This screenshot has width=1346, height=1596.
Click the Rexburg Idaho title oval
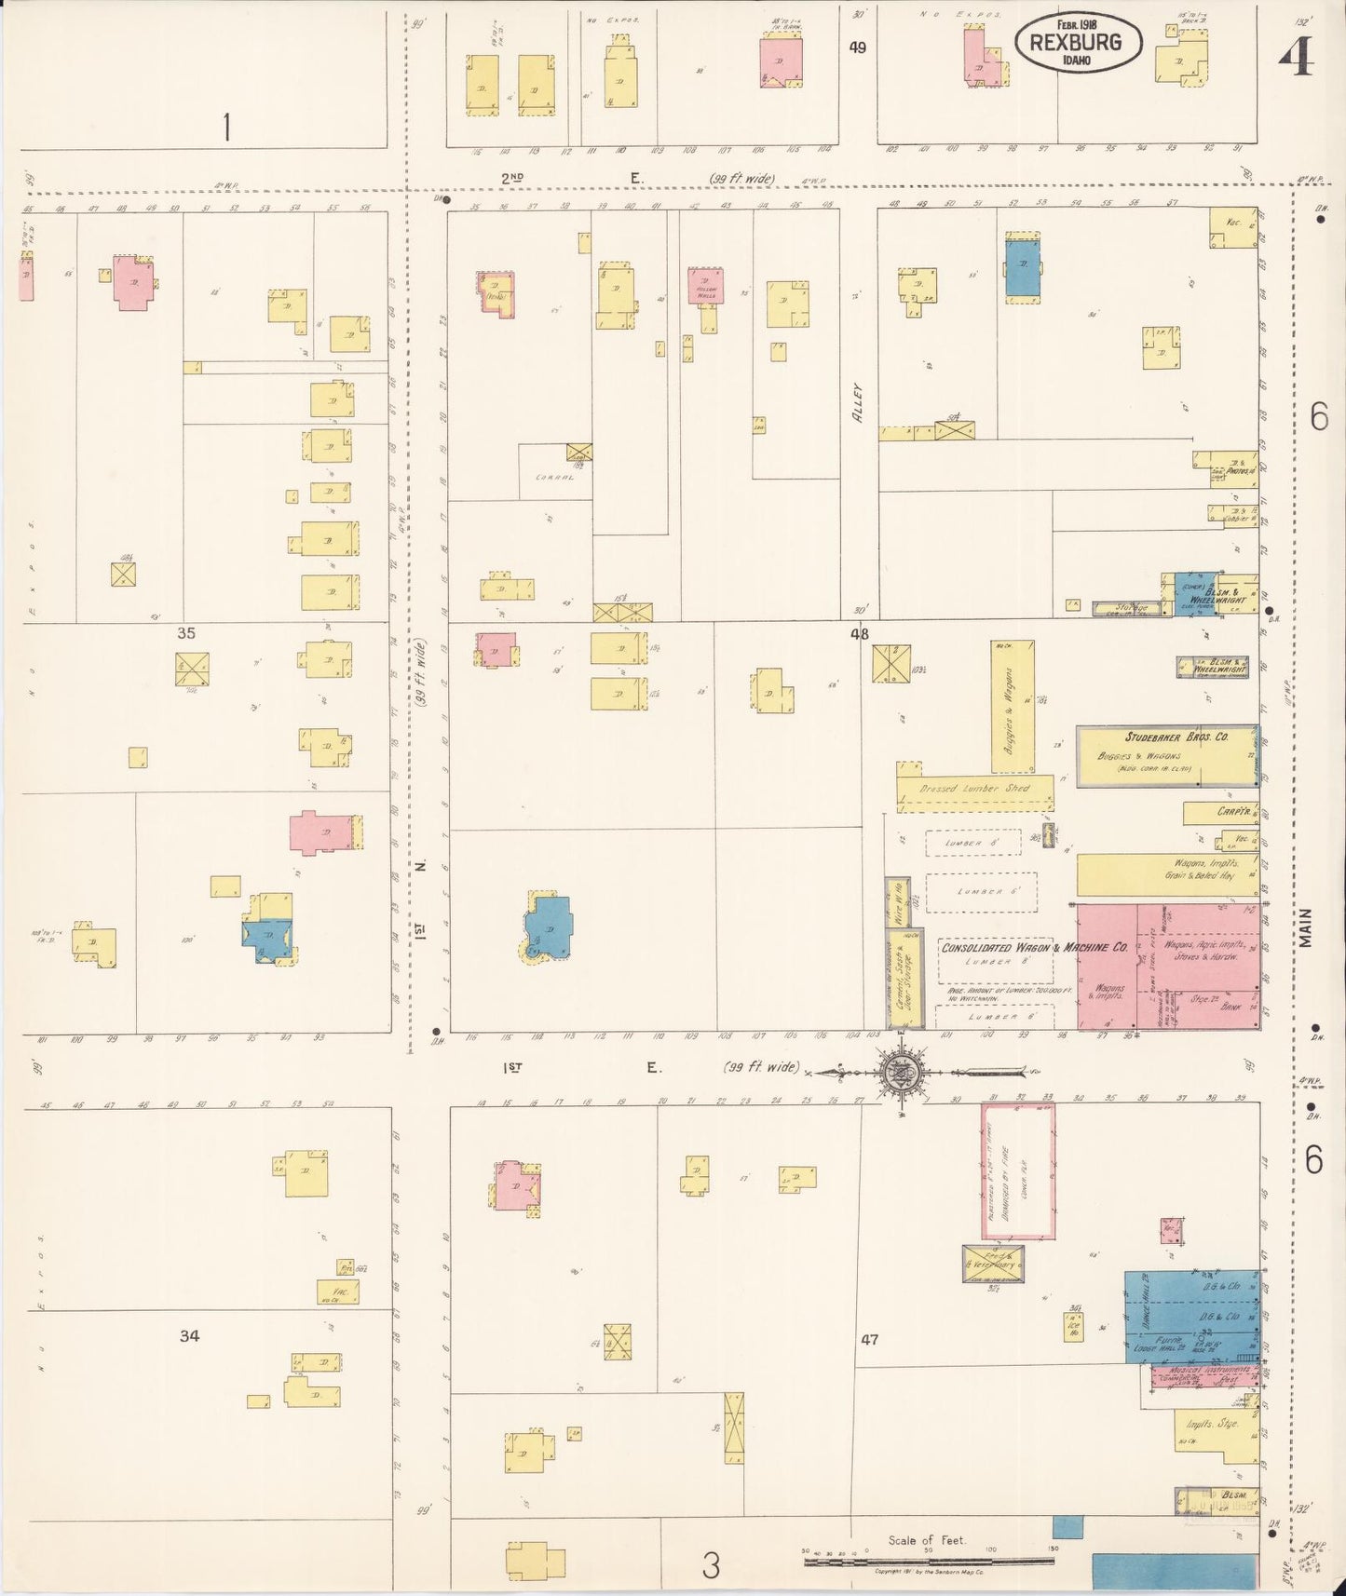click(x=1079, y=43)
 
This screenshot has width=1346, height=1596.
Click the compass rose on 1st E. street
click(x=900, y=1072)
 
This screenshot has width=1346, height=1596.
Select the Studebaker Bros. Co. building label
click(x=1176, y=737)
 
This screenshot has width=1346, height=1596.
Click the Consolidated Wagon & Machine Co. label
click(x=1034, y=948)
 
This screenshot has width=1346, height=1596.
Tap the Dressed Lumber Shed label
click(x=974, y=788)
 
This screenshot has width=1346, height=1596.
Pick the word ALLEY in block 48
click(x=858, y=403)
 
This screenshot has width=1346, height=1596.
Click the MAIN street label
click(x=1306, y=927)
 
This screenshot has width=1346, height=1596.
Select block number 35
click(x=186, y=633)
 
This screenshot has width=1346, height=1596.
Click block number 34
click(x=189, y=1336)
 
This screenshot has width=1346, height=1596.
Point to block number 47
click(x=869, y=1340)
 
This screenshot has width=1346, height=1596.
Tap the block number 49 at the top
click(x=857, y=47)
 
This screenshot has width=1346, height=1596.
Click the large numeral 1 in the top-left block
click(x=225, y=126)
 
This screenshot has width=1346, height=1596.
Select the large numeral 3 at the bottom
click(x=711, y=1566)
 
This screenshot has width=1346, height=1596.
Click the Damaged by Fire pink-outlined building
click(x=1019, y=1170)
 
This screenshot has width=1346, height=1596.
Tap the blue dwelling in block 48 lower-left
click(x=550, y=927)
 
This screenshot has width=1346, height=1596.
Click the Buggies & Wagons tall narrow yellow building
click(x=1013, y=706)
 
